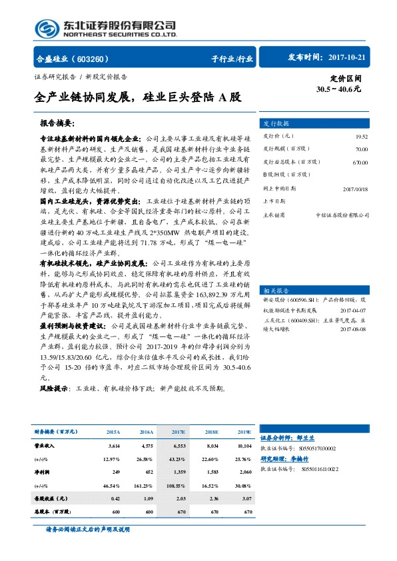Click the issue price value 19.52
[361, 137]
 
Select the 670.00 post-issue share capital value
[360, 163]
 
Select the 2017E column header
[179, 431]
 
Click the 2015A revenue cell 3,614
[113, 444]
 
